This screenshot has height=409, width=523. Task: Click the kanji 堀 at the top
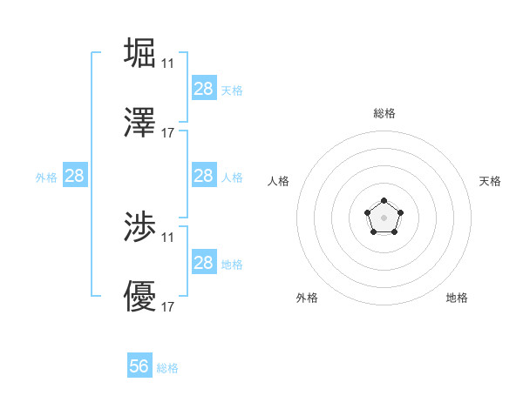click(140, 51)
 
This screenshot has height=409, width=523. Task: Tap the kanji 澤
click(140, 123)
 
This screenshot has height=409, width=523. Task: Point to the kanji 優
click(140, 298)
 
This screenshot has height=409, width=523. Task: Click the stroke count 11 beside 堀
click(167, 63)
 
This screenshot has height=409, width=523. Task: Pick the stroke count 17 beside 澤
click(167, 134)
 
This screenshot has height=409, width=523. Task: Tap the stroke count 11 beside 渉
click(167, 238)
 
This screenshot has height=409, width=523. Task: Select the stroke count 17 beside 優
click(167, 308)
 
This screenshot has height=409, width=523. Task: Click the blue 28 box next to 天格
click(204, 89)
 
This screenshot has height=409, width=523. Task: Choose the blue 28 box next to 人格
click(204, 176)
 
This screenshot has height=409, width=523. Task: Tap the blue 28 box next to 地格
click(204, 263)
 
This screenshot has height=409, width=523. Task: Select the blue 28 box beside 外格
click(75, 176)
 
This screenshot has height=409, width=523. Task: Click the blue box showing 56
click(139, 366)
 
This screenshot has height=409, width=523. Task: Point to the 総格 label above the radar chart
click(384, 113)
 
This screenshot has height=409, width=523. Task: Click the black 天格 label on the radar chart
click(490, 181)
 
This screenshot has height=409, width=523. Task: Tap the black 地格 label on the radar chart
click(457, 298)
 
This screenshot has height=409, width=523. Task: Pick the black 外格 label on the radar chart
click(307, 298)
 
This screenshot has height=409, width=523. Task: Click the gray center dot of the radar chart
click(384, 217)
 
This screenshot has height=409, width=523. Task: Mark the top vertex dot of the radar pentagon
click(384, 201)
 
